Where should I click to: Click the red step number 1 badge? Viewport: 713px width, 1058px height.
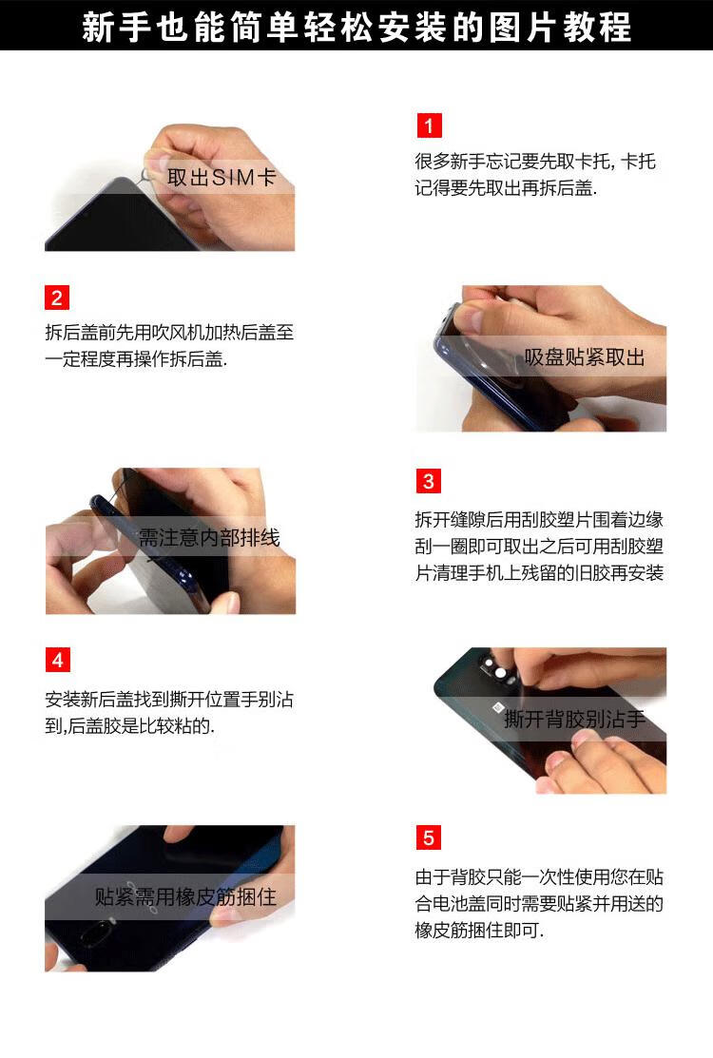pyautogui.click(x=429, y=125)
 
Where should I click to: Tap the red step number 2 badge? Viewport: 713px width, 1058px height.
pyautogui.click(x=57, y=298)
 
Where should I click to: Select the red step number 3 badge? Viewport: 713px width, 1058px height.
pyautogui.click(x=429, y=481)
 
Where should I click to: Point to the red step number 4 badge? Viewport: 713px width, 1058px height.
pyautogui.click(x=57, y=660)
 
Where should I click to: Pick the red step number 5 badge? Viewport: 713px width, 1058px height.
pyautogui.click(x=429, y=838)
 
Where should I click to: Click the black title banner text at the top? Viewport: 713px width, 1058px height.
pyautogui.click(x=356, y=27)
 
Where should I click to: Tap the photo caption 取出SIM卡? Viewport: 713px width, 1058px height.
pyautogui.click(x=222, y=178)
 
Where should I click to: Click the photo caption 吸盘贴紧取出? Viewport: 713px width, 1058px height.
pyautogui.click(x=584, y=356)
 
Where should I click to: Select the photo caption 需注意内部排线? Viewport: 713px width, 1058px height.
pyautogui.click(x=209, y=538)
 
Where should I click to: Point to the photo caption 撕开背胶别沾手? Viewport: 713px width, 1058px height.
pyautogui.click(x=574, y=719)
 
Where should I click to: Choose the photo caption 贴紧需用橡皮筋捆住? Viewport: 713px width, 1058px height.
pyautogui.click(x=185, y=896)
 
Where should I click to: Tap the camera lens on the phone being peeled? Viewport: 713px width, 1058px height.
pyautogui.click(x=500, y=673)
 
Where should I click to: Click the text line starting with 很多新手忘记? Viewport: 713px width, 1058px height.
pyautogui.click(x=535, y=162)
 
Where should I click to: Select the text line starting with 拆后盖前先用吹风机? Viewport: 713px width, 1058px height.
pyautogui.click(x=169, y=333)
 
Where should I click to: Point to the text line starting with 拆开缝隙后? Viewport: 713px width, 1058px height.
pyautogui.click(x=539, y=520)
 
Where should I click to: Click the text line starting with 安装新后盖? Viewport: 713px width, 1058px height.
pyautogui.click(x=169, y=700)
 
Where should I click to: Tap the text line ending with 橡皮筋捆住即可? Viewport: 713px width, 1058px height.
pyautogui.click(x=479, y=931)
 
